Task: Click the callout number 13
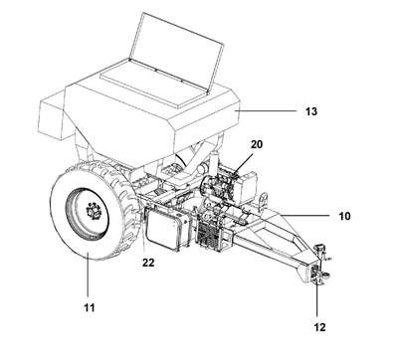point(311,111)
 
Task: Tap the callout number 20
point(257,144)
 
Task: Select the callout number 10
point(344,216)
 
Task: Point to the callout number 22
point(148,263)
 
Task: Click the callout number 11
point(89,307)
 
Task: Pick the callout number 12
point(319,327)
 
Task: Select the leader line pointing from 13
point(267,111)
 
